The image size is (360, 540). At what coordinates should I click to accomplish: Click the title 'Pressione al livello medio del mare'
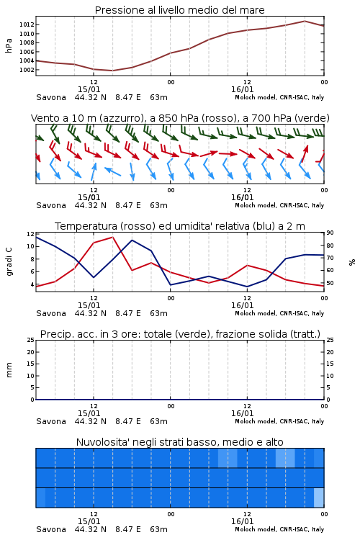pos(179,10)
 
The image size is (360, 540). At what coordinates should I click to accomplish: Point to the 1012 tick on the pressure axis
pos(27,24)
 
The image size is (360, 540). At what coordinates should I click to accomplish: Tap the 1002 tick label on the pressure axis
pos(27,70)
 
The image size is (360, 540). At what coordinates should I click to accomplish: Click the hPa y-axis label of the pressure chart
pos(9,45)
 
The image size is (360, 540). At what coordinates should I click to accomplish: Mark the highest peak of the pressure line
pos(305,21)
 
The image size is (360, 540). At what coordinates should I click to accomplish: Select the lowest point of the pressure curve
pos(112,71)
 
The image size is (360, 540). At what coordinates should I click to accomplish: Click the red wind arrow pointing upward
pos(304,153)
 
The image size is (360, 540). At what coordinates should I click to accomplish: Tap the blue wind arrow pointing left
pos(112,171)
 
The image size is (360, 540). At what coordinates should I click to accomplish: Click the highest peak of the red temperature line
pos(112,237)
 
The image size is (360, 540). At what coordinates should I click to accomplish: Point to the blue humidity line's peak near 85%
pos(132,240)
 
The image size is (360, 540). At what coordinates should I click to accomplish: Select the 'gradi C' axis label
pos(9,261)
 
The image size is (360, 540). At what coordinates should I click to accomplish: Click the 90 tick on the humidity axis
pos(330,233)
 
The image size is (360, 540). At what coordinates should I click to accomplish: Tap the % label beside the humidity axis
pos(352,262)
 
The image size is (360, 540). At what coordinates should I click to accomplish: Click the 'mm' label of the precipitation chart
pos(9,369)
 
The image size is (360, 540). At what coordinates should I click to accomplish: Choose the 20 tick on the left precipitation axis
pos(31,352)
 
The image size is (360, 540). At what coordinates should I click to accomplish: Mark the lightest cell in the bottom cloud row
pos(319,498)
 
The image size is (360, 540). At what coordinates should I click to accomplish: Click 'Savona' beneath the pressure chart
pos(51,97)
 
